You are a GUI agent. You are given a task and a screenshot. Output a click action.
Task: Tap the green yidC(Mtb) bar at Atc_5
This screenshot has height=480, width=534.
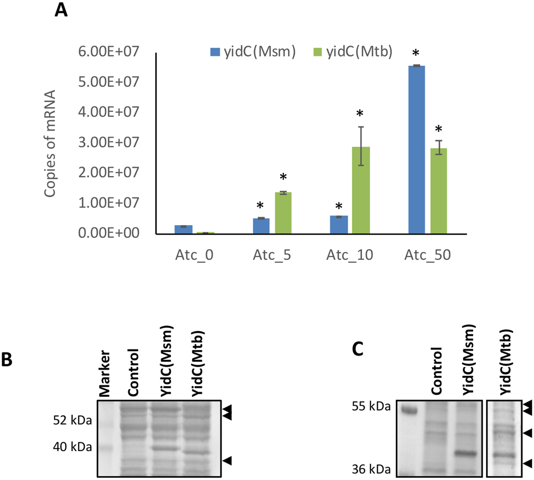(284, 213)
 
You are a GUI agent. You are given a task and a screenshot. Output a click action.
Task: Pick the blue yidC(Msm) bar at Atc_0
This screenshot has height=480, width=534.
(184, 230)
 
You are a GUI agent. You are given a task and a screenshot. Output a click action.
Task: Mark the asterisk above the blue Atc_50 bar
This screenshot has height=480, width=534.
(416, 54)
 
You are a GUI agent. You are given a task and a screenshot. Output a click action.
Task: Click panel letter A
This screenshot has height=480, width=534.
(61, 11)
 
